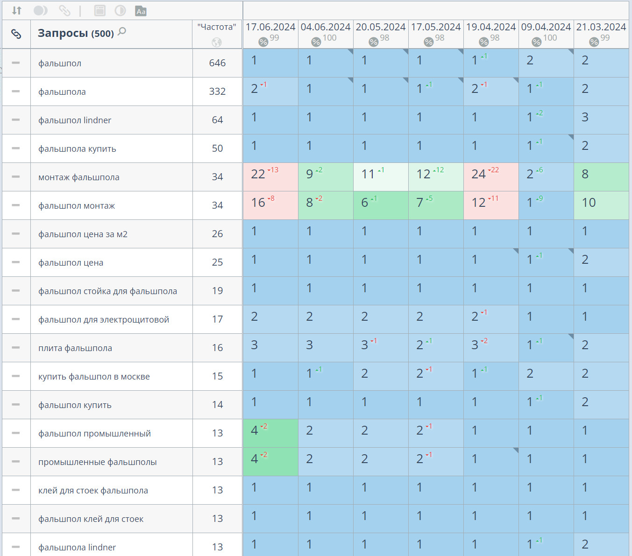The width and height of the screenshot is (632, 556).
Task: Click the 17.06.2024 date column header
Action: tap(270, 27)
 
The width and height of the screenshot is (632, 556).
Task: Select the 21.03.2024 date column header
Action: tap(601, 27)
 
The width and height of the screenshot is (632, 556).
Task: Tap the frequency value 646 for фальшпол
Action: tap(217, 63)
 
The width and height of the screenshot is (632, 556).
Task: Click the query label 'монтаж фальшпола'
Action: tap(79, 177)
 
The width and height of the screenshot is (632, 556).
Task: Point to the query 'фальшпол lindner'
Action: tap(75, 120)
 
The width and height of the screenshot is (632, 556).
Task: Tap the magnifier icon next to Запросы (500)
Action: tap(122, 32)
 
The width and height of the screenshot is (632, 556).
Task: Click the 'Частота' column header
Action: tap(217, 27)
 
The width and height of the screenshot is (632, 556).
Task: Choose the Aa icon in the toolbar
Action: tap(141, 11)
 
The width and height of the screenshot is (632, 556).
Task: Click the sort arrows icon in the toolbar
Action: tap(17, 11)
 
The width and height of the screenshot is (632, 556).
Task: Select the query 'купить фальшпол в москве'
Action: tap(94, 377)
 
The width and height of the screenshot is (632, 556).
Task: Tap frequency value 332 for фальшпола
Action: tap(217, 91)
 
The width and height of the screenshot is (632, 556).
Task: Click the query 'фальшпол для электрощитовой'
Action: tap(104, 320)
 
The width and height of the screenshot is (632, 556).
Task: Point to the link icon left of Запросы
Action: tap(16, 34)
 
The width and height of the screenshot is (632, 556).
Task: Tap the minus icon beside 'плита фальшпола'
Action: tap(16, 348)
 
